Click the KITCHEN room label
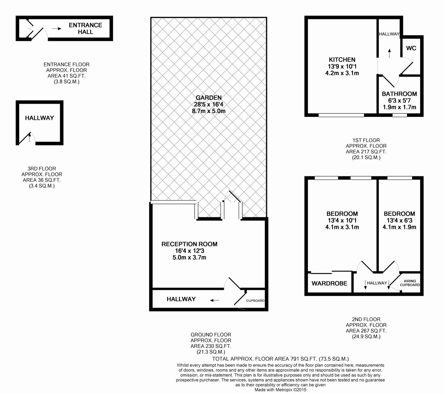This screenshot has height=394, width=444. coord(342,60)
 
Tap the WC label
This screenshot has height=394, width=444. coord(411,48)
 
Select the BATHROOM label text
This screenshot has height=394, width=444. coord(399,94)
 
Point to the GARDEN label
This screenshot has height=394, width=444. coord(209,98)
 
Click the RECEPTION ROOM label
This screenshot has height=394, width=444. coord(189,244)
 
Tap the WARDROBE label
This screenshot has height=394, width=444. coord(329,283)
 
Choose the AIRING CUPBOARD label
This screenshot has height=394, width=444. coord(410,283)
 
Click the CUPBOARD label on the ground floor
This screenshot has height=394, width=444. coord(255,300)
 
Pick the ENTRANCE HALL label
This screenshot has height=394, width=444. coord(85,28)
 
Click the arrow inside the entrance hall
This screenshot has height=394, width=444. coord(57,28)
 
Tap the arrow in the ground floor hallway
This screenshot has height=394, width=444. coord(215,300)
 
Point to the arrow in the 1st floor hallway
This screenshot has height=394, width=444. coord(389,53)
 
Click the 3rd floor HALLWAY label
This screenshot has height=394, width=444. coord(40,118)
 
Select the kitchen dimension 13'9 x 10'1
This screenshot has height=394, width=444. coord(342,67)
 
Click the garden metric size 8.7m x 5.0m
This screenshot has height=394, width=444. coord(209,111)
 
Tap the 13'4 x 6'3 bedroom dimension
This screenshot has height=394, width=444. coord(399,221)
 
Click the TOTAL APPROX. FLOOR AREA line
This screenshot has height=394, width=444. coord(280,359)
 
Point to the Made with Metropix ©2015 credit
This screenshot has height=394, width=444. coord(280,390)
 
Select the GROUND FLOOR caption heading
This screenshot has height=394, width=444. coord(211,334)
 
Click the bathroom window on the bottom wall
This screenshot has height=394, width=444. coord(400,115)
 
